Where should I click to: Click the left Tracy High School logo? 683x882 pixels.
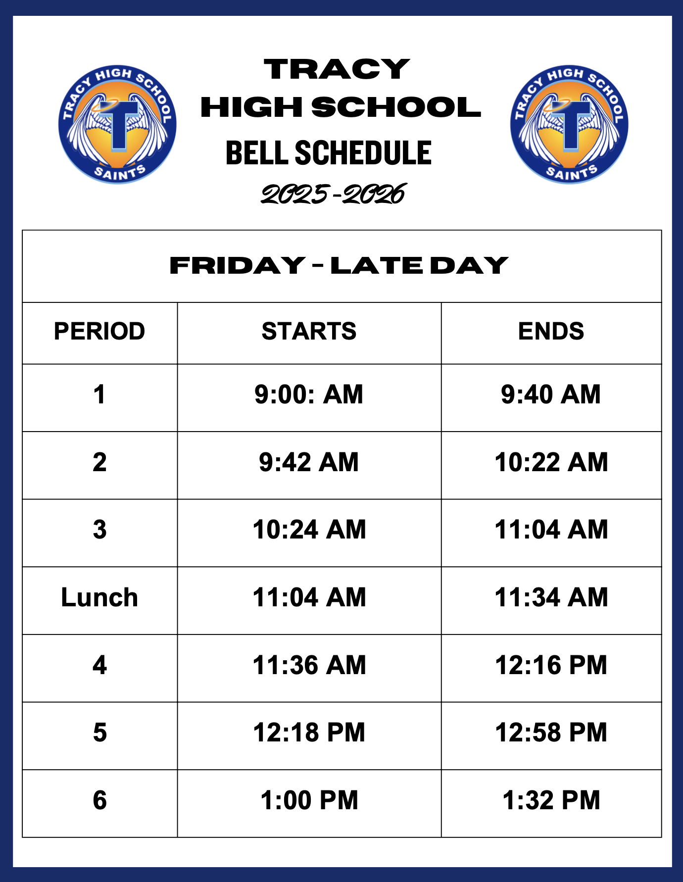(x=117, y=124)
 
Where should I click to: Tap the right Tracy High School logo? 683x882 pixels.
(x=569, y=124)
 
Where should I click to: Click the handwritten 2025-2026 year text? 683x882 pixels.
(x=334, y=194)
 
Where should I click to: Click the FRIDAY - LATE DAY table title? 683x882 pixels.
(x=339, y=265)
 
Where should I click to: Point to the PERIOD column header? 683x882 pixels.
(x=99, y=331)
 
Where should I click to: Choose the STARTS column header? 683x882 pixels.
(x=309, y=331)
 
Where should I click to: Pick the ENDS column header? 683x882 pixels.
(x=551, y=331)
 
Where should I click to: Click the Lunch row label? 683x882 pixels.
(x=99, y=597)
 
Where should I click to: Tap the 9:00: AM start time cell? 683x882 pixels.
(x=309, y=394)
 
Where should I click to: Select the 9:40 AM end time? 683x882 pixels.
(x=551, y=394)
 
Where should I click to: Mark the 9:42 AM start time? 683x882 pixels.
(x=309, y=462)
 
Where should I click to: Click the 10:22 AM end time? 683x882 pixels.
(x=551, y=462)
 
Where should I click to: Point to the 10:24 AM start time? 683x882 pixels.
(x=309, y=530)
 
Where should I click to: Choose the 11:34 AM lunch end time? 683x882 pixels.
(x=551, y=597)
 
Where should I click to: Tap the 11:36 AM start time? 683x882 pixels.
(x=309, y=665)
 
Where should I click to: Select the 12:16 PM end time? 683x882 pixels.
(x=551, y=665)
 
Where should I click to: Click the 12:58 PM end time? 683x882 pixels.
(x=551, y=733)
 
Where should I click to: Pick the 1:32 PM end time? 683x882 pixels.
(x=551, y=800)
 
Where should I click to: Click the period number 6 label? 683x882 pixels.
(x=99, y=800)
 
